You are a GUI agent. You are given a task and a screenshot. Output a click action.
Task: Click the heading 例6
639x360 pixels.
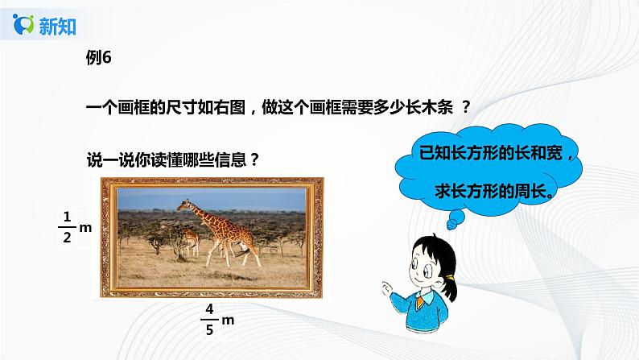(x=97, y=56)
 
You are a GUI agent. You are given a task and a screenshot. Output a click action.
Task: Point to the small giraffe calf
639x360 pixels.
(x=191, y=239)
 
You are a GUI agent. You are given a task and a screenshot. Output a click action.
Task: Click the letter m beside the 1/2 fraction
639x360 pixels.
(x=86, y=228)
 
